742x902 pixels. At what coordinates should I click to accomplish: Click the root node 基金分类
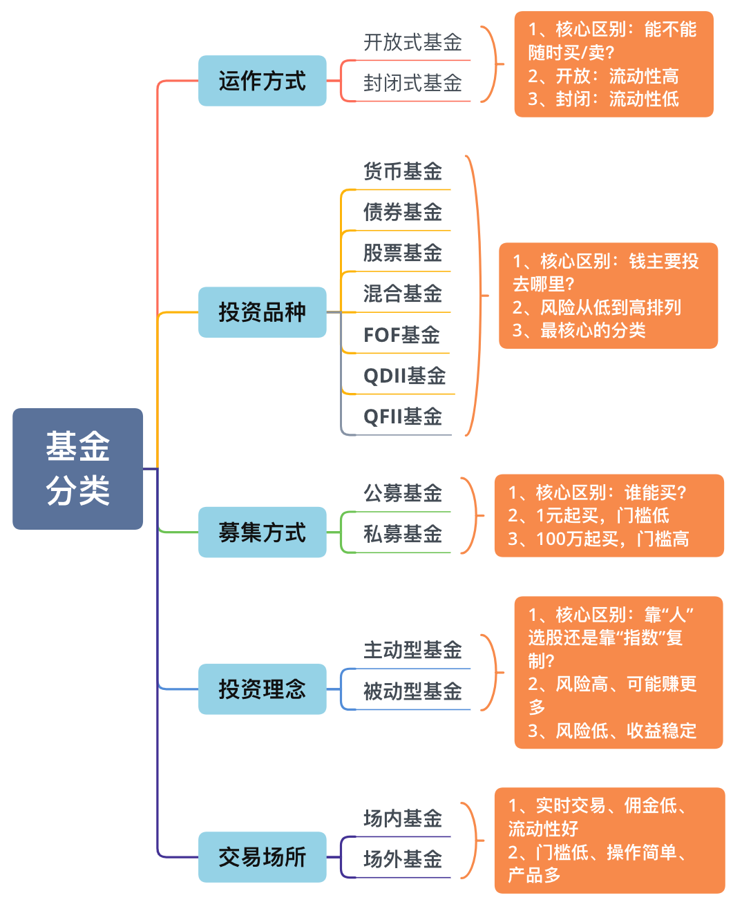(77, 468)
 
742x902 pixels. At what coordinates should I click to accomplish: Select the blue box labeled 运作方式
(262, 81)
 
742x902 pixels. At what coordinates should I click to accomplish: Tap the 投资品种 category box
(262, 312)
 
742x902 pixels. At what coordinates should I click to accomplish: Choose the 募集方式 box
(262, 532)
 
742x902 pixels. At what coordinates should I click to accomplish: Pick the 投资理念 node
(262, 689)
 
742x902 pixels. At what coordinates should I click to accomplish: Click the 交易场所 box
(262, 857)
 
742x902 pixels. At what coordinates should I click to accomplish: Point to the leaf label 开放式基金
(412, 42)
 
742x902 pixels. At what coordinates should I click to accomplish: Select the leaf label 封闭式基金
(412, 84)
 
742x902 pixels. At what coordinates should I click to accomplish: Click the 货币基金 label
(403, 171)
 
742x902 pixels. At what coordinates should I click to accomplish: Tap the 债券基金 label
(403, 212)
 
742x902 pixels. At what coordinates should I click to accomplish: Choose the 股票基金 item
(403, 253)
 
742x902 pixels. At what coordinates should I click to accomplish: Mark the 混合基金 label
(403, 294)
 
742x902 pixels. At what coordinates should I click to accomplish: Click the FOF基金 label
(401, 335)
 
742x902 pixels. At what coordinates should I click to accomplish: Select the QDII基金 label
(404, 376)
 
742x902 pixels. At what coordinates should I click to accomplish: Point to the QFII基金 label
(403, 416)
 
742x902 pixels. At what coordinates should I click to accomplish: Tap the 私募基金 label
(403, 534)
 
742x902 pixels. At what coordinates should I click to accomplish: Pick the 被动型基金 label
(412, 691)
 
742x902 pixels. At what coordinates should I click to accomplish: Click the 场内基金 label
(403, 818)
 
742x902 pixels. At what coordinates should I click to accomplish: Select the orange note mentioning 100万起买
(609, 515)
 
